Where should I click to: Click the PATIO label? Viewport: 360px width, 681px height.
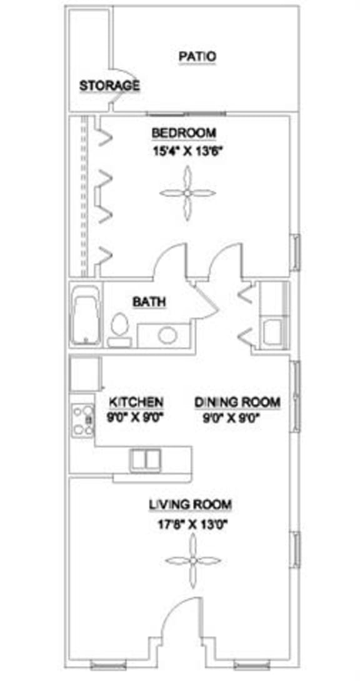pyautogui.click(x=197, y=56)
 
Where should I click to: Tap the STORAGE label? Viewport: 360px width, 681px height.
pyautogui.click(x=109, y=86)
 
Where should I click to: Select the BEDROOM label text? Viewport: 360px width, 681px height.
pyautogui.click(x=184, y=133)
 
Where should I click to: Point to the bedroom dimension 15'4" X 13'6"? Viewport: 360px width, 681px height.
pyautogui.click(x=187, y=151)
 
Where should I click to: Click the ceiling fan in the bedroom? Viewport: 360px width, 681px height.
pyautogui.click(x=186, y=193)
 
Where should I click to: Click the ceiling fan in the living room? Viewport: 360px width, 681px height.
pyautogui.click(x=193, y=560)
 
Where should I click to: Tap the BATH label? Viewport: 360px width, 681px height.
pyautogui.click(x=149, y=302)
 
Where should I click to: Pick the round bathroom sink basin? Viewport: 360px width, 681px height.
pyautogui.click(x=167, y=335)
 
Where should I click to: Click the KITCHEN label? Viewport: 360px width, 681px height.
pyautogui.click(x=136, y=401)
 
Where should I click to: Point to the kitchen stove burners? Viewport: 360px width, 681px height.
pyautogui.click(x=82, y=420)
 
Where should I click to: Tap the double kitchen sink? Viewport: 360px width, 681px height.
pyautogui.click(x=146, y=460)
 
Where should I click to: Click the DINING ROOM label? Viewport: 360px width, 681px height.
pyautogui.click(x=237, y=402)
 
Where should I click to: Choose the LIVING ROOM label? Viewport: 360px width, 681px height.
pyautogui.click(x=190, y=504)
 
